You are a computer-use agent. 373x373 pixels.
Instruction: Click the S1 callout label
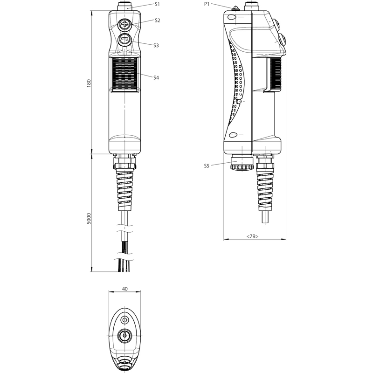click(x=157, y=4)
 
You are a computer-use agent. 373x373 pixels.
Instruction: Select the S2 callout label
click(x=157, y=21)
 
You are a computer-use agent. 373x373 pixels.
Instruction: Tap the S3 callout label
click(x=156, y=45)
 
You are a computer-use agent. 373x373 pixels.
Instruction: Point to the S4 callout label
click(x=156, y=77)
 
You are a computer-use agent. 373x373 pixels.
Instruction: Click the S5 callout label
click(x=207, y=166)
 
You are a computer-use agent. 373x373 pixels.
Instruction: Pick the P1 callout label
click(x=207, y=4)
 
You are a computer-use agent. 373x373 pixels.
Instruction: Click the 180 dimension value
click(x=89, y=83)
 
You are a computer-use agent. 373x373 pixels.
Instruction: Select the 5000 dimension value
click(x=89, y=219)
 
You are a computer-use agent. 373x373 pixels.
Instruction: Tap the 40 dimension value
click(x=124, y=289)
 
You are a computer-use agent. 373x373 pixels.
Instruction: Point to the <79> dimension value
click(x=252, y=236)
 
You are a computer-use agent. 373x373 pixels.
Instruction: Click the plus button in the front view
click(x=124, y=24)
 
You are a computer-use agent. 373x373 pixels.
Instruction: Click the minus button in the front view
click(x=124, y=39)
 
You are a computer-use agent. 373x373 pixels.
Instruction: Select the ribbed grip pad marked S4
click(x=124, y=74)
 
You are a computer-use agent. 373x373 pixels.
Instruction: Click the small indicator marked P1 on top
click(x=235, y=8)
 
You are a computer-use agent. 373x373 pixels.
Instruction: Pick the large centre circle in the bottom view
click(x=124, y=336)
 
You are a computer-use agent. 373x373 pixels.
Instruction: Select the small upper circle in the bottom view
click(x=124, y=320)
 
